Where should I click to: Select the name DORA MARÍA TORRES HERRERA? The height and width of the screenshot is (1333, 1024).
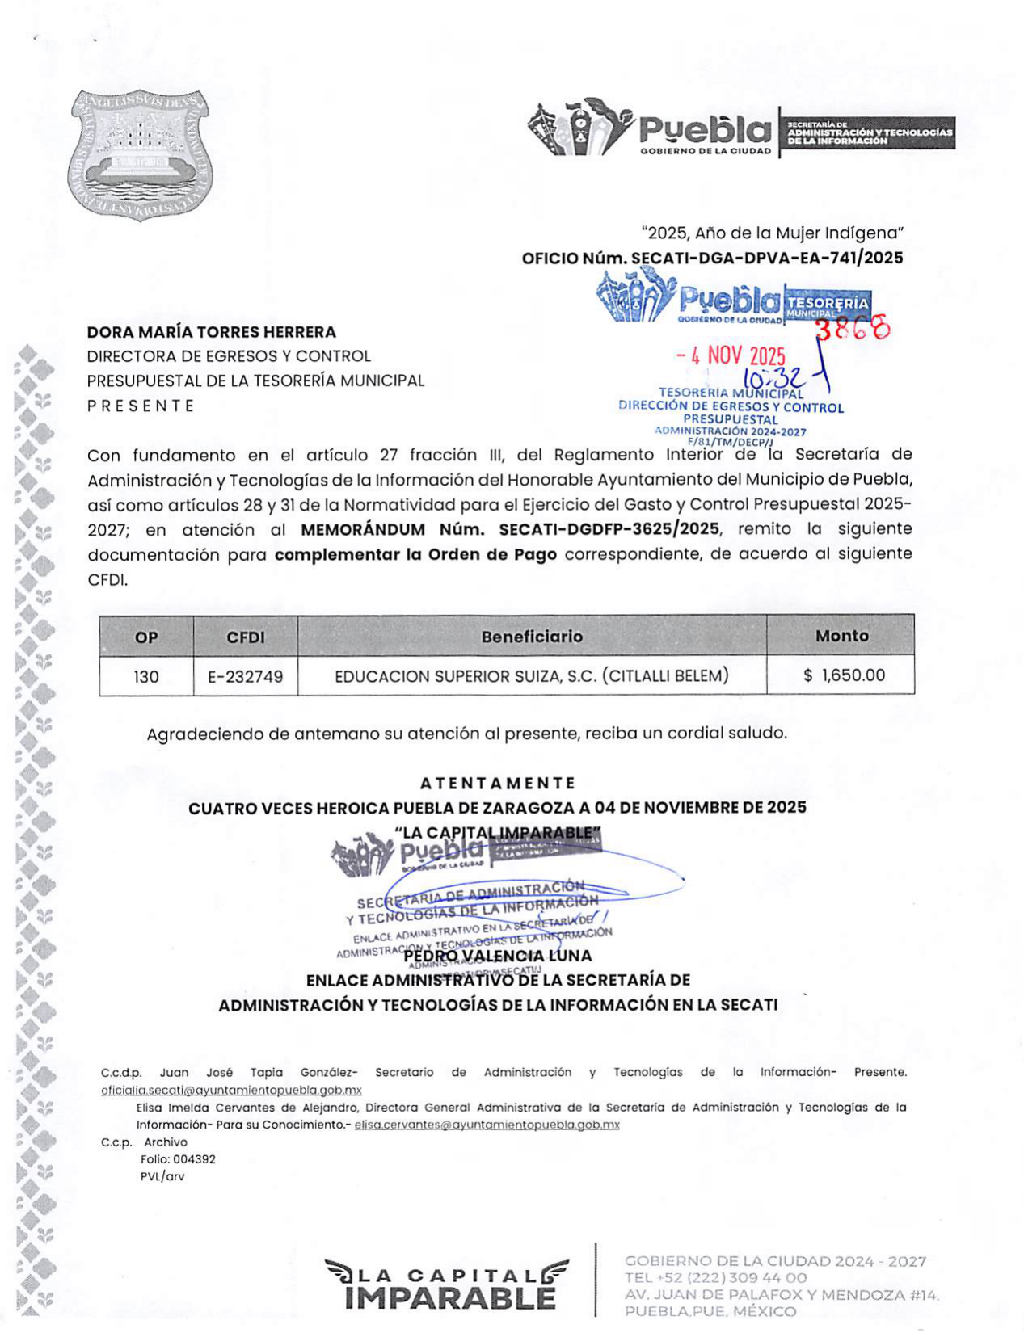click(211, 331)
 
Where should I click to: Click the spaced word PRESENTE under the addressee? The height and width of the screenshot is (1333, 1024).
click(141, 406)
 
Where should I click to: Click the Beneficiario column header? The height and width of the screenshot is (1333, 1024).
click(532, 636)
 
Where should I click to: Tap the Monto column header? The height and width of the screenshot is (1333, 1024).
click(841, 636)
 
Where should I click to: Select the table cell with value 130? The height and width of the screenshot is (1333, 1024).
click(146, 676)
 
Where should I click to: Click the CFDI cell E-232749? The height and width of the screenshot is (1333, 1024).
click(246, 676)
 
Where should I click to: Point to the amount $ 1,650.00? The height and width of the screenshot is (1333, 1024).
click(844, 675)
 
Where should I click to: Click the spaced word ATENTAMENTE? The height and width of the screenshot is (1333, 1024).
click(498, 783)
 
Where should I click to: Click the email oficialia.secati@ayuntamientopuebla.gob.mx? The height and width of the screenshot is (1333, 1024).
click(231, 1090)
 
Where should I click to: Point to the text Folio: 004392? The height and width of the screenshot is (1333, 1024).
click(178, 1159)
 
